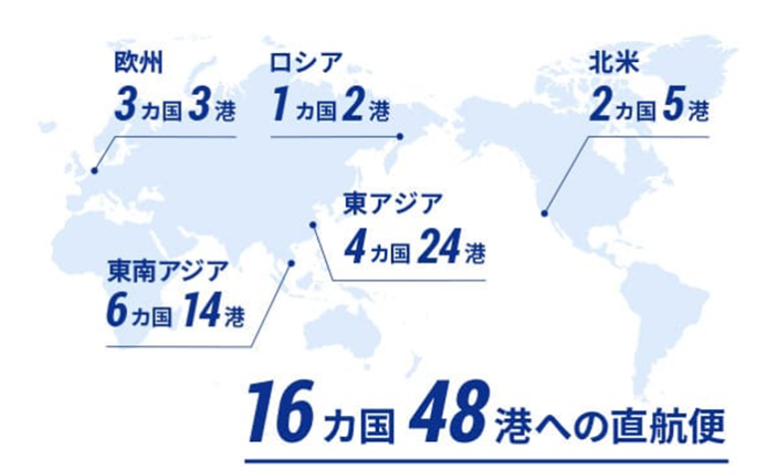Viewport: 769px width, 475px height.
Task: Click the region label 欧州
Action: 135,65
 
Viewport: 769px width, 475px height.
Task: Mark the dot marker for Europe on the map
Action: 95,170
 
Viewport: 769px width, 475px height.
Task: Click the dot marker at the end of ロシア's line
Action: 398,137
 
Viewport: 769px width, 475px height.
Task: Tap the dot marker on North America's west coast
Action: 544,212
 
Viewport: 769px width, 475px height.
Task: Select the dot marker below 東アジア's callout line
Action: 312,225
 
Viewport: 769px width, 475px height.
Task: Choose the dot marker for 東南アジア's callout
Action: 291,263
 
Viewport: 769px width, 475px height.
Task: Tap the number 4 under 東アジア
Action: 352,245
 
